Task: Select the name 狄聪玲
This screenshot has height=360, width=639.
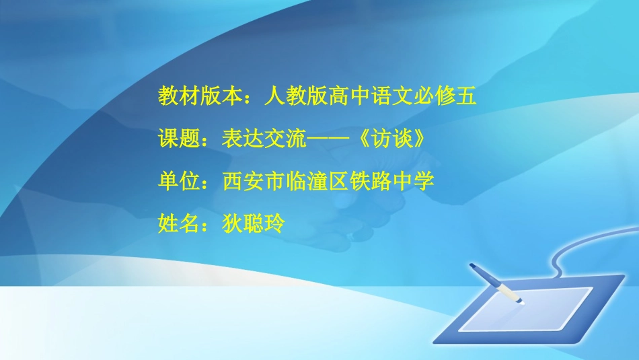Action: pyautogui.click(x=254, y=223)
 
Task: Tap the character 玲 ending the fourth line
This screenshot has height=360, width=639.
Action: pyautogui.click(x=275, y=223)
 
